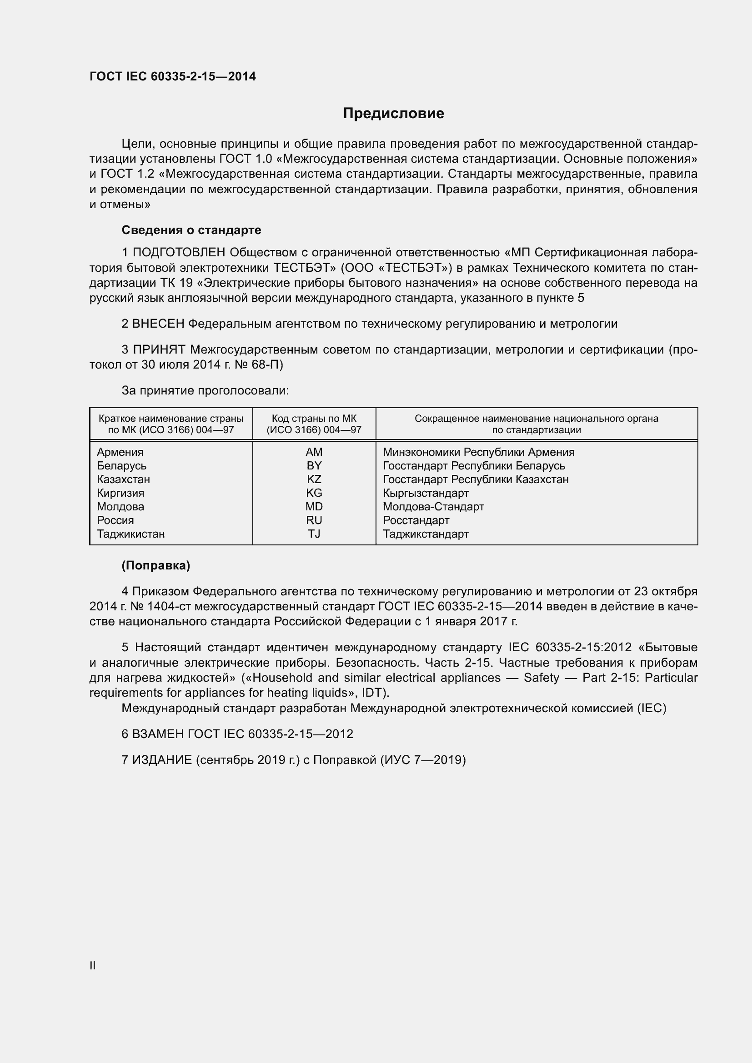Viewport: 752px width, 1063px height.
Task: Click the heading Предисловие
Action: (x=393, y=114)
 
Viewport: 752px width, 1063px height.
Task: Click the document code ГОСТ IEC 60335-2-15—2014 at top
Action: (x=172, y=76)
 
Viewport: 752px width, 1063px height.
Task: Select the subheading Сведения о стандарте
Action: (x=191, y=230)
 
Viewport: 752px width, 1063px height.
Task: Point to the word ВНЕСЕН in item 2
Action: (x=158, y=324)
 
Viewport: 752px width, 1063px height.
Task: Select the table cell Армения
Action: (x=120, y=452)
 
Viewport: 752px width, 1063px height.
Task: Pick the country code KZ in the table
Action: (x=314, y=479)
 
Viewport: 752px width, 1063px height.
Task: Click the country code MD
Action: (x=314, y=506)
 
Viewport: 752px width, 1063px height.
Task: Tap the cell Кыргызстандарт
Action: (x=426, y=493)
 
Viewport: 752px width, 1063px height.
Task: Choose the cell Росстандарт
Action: (x=416, y=520)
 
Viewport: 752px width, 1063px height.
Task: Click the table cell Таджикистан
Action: (x=130, y=534)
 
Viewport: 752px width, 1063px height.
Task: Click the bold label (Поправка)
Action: (x=155, y=565)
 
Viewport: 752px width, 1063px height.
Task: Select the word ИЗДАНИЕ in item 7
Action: (x=162, y=760)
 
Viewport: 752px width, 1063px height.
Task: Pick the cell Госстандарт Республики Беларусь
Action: (x=474, y=466)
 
